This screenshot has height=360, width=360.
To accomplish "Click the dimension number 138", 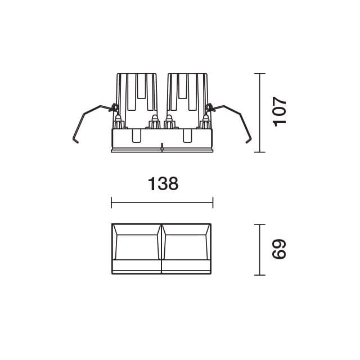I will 163,184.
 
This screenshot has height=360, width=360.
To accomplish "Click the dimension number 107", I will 280,112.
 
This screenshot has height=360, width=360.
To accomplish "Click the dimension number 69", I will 280,249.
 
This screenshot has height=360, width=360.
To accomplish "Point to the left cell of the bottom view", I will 137,248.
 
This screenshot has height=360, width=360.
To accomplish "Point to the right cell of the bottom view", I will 187,248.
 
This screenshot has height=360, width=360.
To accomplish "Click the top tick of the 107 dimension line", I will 259,74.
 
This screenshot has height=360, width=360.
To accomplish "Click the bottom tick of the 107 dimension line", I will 259,152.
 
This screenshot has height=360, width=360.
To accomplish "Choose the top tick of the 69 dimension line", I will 259,224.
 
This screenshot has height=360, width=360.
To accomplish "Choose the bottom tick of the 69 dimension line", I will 259,274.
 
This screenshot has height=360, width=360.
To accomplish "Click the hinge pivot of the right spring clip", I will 210,106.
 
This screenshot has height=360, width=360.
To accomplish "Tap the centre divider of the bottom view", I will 162,249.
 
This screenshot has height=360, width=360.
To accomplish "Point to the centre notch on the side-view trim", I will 162,148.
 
